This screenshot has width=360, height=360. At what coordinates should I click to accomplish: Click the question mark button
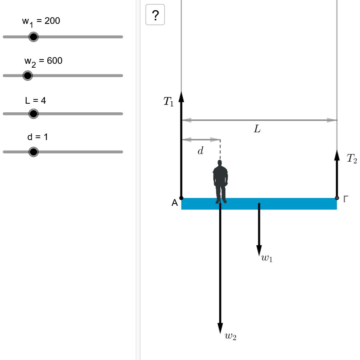(x=155, y=14)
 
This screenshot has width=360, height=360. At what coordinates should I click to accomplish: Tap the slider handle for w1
(x=34, y=37)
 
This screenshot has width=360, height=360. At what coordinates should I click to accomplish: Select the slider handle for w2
(x=28, y=76)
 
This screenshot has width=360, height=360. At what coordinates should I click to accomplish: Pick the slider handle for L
(x=34, y=113)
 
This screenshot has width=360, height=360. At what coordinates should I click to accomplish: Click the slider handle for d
(x=34, y=152)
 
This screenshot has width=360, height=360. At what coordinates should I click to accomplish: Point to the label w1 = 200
(x=41, y=22)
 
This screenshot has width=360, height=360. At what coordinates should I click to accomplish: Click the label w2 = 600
(x=43, y=61)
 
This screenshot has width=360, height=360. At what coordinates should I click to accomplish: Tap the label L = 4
(x=36, y=100)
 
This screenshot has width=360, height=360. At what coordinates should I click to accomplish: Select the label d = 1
(x=38, y=137)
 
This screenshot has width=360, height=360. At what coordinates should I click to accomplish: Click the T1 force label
(x=168, y=101)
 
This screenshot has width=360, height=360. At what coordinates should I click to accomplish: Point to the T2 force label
(x=352, y=158)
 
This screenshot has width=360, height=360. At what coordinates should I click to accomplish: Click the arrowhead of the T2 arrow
(x=337, y=155)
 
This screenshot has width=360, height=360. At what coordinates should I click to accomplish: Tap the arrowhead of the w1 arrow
(x=259, y=250)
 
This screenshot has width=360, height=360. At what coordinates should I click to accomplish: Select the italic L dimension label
(x=257, y=129)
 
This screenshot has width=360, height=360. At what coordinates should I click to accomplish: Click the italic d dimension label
(x=200, y=151)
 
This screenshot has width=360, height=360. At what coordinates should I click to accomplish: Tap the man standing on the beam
(x=220, y=182)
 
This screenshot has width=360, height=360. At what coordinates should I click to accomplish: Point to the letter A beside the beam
(x=175, y=203)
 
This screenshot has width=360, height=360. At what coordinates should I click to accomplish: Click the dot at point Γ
(x=337, y=198)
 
